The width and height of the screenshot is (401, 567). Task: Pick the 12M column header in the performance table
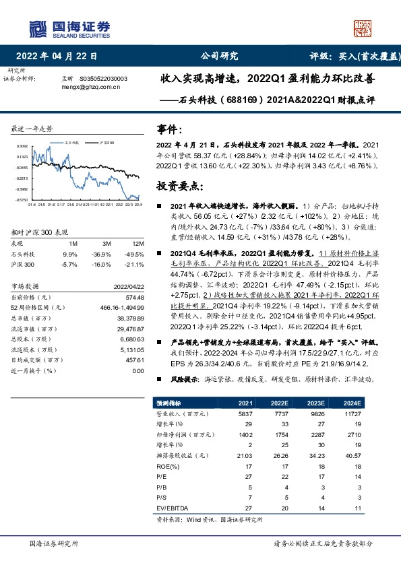coord(138,243)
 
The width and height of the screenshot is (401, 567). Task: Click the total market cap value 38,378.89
coord(131,316)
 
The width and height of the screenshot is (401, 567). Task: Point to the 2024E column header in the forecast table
coord(352,403)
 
